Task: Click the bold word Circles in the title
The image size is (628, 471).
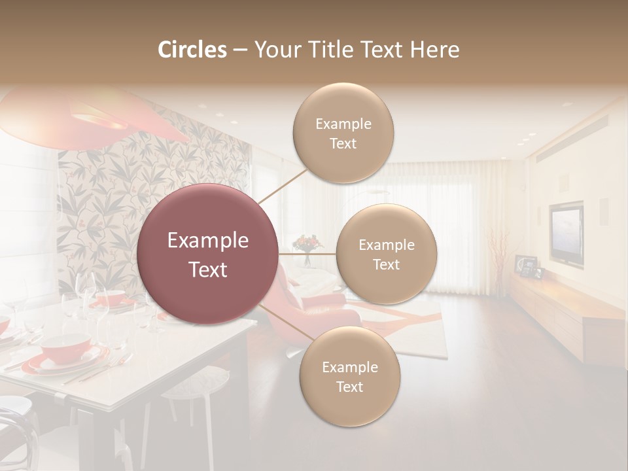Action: [x=192, y=50]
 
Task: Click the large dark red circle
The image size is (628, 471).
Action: [x=208, y=254]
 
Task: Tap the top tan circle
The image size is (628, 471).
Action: [x=343, y=133]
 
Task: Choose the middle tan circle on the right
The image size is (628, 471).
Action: [x=386, y=254]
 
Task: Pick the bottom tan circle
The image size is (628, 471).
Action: [x=349, y=377]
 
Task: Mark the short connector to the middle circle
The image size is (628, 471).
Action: [x=307, y=254]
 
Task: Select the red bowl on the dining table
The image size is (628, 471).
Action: [x=65, y=345]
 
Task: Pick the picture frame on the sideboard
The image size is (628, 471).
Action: [x=525, y=265]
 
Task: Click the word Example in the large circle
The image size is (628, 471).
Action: [x=208, y=241]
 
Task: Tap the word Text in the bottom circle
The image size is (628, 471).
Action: [x=349, y=387]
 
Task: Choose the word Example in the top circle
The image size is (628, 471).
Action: [x=343, y=124]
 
